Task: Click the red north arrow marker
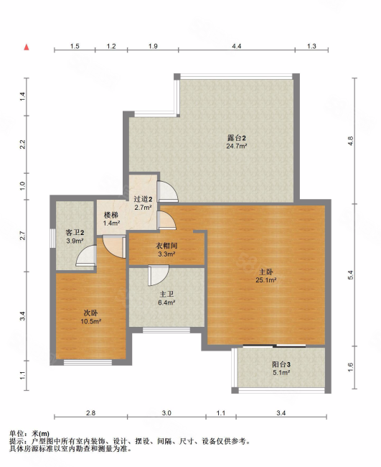click(27, 47)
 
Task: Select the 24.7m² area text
click(237, 147)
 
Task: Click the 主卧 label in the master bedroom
click(266, 272)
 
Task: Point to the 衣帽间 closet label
click(166, 246)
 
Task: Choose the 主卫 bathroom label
click(166, 295)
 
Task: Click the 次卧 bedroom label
click(90, 313)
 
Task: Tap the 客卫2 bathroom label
click(75, 232)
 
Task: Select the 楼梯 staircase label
click(110, 215)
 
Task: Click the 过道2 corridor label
click(143, 199)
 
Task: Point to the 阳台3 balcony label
click(281, 364)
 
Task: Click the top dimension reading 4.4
click(237, 46)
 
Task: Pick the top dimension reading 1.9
click(153, 46)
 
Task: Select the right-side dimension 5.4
click(350, 274)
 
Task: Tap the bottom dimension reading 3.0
click(166, 413)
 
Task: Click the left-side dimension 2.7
click(23, 236)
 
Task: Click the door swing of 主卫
click(159, 275)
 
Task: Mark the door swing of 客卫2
click(86, 255)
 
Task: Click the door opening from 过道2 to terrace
click(167, 192)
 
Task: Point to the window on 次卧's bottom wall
click(88, 362)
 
